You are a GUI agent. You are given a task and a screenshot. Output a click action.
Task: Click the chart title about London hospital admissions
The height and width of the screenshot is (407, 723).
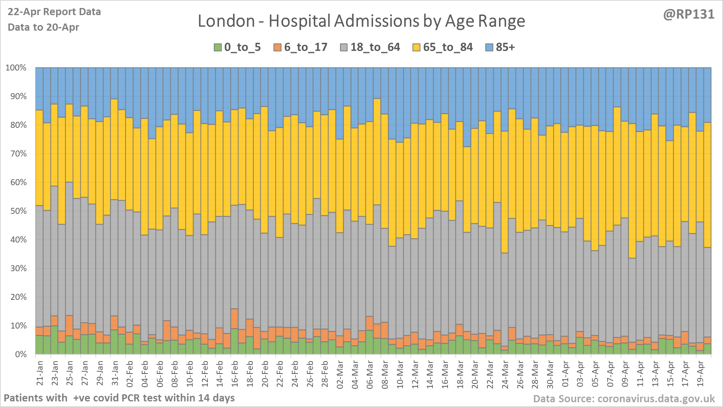[361, 21]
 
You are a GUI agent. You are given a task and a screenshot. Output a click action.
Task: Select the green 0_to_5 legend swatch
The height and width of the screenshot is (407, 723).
[217, 47]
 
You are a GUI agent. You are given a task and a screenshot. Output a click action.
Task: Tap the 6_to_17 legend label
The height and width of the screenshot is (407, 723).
[305, 47]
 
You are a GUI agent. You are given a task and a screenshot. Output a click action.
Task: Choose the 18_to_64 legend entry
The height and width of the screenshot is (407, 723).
[375, 47]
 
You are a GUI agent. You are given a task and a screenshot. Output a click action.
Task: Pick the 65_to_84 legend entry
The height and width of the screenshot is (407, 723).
[447, 47]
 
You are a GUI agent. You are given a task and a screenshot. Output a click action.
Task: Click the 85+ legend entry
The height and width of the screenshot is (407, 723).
[505, 47]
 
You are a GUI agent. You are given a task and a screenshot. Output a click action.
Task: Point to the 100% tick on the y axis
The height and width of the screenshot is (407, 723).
[16, 68]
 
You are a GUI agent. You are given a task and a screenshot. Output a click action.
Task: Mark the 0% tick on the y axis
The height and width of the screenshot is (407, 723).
[21, 354]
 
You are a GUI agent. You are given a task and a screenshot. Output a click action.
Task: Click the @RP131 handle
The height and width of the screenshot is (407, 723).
[688, 14]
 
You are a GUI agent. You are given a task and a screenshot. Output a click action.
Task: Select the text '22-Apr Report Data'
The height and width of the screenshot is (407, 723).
[54, 12]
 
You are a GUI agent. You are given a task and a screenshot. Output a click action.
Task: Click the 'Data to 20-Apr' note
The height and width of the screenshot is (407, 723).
[43, 27]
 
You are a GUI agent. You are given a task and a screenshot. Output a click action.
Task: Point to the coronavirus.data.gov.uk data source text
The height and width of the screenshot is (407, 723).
[624, 399]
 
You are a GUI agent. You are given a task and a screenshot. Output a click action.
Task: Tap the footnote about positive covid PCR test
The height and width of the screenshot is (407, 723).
[119, 398]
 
